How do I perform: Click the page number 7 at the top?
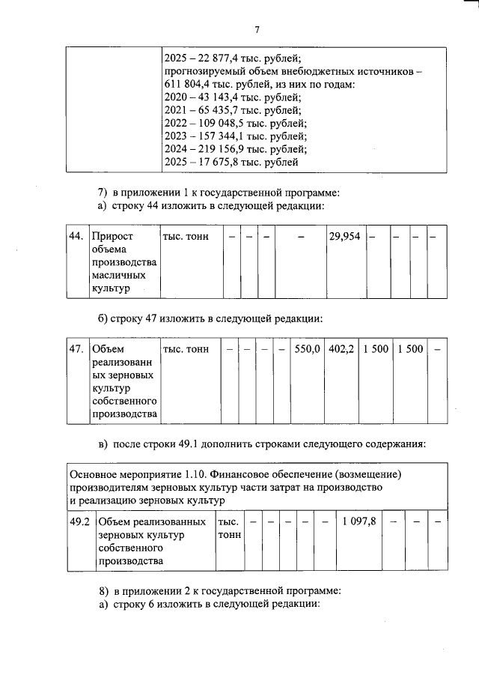tap(256, 30)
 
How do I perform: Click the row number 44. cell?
tap(76, 237)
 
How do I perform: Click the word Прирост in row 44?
tap(111, 237)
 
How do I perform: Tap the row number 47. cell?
tap(76, 349)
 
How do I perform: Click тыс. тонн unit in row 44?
tap(186, 237)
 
